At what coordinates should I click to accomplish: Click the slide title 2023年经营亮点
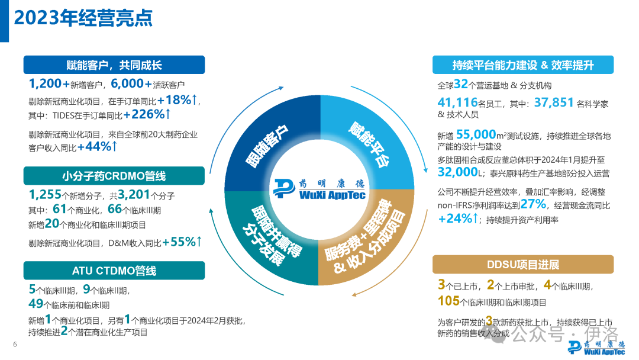(83, 18)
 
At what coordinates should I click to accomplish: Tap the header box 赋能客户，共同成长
(114, 65)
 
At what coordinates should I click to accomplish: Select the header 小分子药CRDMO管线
(114, 176)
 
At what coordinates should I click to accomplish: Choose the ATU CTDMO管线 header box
(114, 271)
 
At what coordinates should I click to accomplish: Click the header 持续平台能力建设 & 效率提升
(523, 65)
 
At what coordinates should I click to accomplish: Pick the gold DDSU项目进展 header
(523, 264)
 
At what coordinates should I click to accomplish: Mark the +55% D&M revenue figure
(182, 242)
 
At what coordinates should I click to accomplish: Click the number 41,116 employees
(460, 102)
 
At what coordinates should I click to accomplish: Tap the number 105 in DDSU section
(448, 301)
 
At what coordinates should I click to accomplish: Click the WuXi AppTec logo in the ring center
(319, 189)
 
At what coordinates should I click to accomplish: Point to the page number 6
(15, 346)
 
